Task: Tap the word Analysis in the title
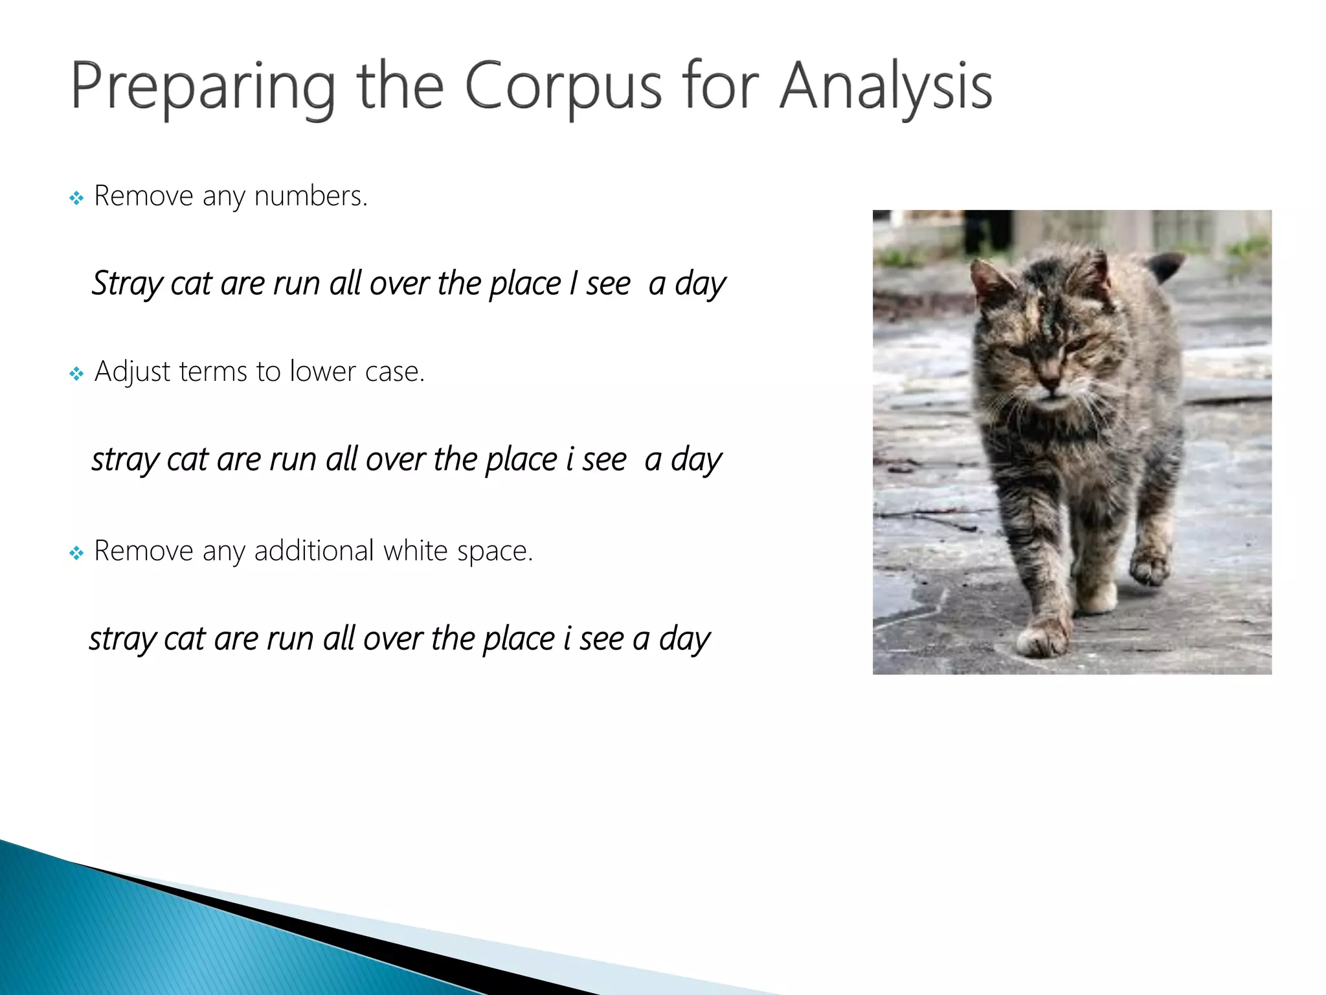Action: coord(885,87)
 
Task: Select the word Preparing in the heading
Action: coord(203,87)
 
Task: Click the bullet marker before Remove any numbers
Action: coord(76,198)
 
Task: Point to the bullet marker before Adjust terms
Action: coord(76,374)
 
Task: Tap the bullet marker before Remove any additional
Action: coord(76,553)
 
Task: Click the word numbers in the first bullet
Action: coord(310,196)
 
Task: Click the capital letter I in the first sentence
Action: coord(573,283)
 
